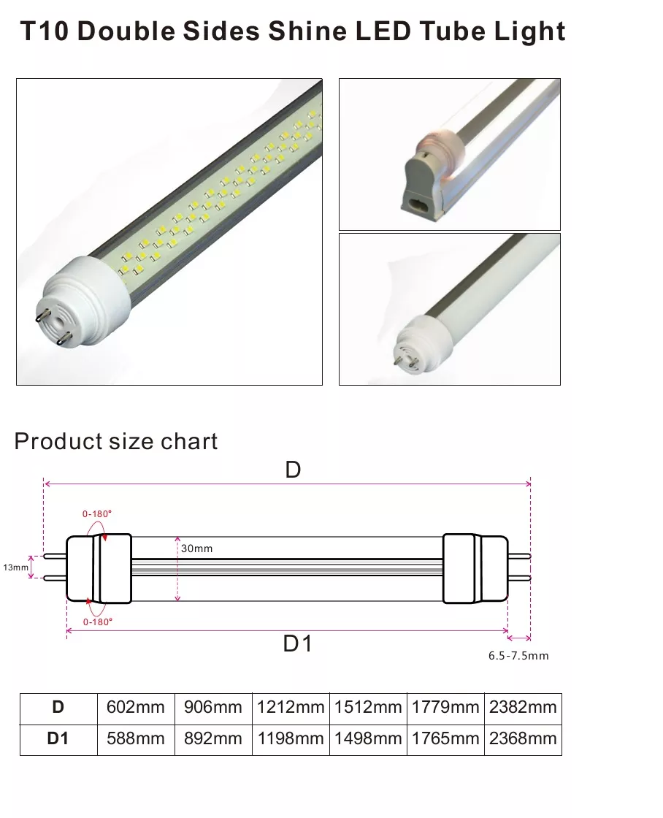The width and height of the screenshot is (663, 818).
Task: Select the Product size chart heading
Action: click(x=116, y=442)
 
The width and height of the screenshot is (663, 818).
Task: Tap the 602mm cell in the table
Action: click(x=136, y=707)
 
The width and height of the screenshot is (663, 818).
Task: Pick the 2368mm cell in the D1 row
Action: click(x=523, y=738)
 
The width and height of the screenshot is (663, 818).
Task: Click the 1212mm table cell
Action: click(x=291, y=707)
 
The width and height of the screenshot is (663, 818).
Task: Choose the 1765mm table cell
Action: click(x=445, y=738)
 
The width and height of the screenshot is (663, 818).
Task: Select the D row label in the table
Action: click(x=58, y=707)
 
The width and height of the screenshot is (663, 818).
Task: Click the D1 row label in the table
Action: click(x=58, y=738)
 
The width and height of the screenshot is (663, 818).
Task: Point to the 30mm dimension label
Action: click(x=197, y=548)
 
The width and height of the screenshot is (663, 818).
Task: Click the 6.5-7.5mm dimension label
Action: click(x=518, y=656)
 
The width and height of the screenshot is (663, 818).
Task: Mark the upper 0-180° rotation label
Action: click(x=97, y=513)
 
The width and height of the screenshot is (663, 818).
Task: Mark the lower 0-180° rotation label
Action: click(x=97, y=622)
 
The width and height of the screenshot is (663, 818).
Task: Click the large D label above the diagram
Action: click(x=293, y=470)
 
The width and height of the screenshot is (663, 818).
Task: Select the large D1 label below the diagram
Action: click(x=297, y=644)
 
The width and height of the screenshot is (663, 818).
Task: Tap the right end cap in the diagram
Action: click(x=475, y=568)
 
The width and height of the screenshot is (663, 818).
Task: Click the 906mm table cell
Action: click(x=213, y=707)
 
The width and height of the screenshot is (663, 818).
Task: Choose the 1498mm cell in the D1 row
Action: click(x=368, y=738)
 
